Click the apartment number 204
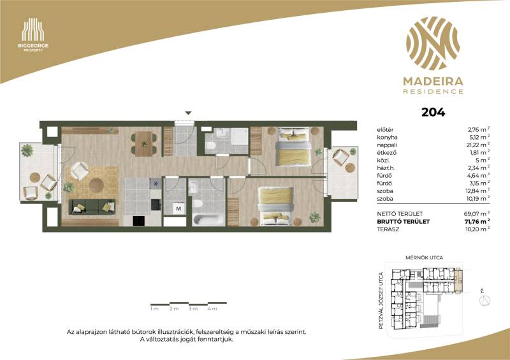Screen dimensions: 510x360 pos(433,112)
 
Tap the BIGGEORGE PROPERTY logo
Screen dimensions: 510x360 pos(33,35)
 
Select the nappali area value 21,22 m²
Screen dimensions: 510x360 pos(477,145)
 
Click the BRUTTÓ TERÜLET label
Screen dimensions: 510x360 pos(404,222)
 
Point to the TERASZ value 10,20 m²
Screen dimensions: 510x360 pos(477,229)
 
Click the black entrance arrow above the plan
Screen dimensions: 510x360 pos(188,113)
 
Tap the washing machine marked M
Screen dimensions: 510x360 pos(178,208)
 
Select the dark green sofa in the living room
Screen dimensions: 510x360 pos(92,207)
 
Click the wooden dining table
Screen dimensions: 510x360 pos(144,144)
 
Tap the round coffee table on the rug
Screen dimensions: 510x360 pos(97,185)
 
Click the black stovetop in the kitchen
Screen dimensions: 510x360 pos(139,221)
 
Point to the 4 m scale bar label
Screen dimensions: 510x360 pos(212,308)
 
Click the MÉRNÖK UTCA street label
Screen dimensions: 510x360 pos(424,257)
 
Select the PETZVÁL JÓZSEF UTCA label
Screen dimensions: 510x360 pos(381,301)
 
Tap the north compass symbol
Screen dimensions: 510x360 pos(484,301)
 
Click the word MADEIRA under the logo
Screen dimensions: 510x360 pos(433,82)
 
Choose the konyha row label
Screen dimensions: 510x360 pos(387,138)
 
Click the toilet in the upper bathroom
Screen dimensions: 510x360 pos(210,147)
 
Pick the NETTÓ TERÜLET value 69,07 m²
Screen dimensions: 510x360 pos(477,214)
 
